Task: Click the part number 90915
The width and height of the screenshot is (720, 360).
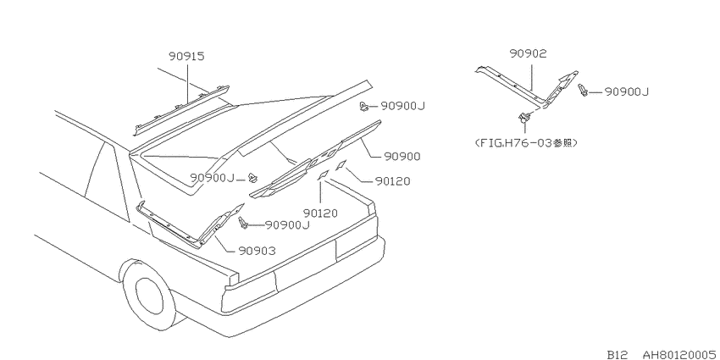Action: pyautogui.click(x=186, y=57)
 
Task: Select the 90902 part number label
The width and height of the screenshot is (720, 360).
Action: pyautogui.click(x=528, y=53)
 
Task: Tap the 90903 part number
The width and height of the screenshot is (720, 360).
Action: pyautogui.click(x=258, y=251)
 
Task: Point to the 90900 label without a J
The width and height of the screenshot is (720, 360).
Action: pyautogui.click(x=402, y=157)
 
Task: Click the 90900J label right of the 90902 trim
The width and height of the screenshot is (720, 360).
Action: pyautogui.click(x=626, y=91)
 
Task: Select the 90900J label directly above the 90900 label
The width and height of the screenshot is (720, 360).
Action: pyautogui.click(x=402, y=107)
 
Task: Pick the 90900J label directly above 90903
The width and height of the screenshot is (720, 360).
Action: pyautogui.click(x=287, y=225)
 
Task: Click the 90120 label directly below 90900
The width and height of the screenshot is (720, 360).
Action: pyautogui.click(x=392, y=181)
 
